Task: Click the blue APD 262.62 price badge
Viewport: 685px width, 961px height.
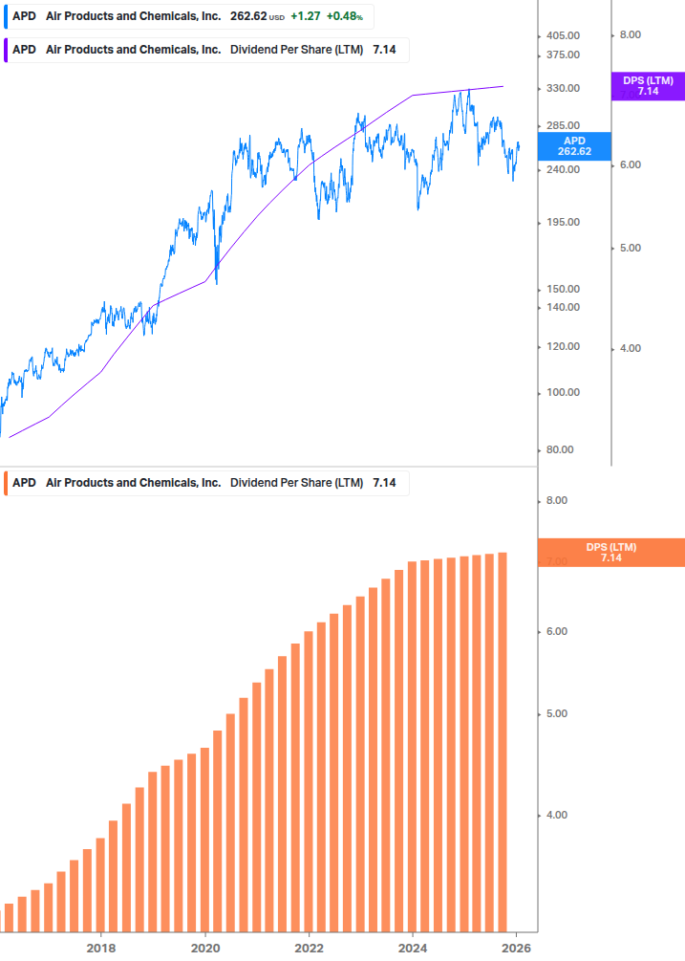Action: coord(573,146)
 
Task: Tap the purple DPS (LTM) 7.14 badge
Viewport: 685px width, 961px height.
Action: coord(648,86)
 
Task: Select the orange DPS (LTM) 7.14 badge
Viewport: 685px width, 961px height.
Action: coord(610,553)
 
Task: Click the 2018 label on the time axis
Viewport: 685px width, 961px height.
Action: coord(101,948)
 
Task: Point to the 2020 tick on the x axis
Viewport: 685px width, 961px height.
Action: coord(205,948)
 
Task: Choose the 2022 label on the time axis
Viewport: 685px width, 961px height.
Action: coord(309,948)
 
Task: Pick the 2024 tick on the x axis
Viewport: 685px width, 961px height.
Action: coord(413,948)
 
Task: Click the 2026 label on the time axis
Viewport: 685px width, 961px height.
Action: coord(516,948)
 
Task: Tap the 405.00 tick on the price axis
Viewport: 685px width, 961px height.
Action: coord(562,35)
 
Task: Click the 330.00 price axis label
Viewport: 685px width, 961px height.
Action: coord(562,88)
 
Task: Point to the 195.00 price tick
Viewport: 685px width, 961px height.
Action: coord(562,222)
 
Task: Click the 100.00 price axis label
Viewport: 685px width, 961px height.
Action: coord(562,392)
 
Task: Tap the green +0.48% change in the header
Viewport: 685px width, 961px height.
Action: coord(344,16)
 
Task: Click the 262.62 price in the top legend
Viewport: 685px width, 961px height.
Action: coord(248,16)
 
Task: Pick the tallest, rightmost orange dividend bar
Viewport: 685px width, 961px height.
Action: coord(502,741)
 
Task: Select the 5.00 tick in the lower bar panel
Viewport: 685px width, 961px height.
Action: coord(555,714)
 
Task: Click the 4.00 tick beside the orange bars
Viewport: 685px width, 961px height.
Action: coord(555,815)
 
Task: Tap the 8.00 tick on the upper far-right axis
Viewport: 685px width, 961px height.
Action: coord(630,35)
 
